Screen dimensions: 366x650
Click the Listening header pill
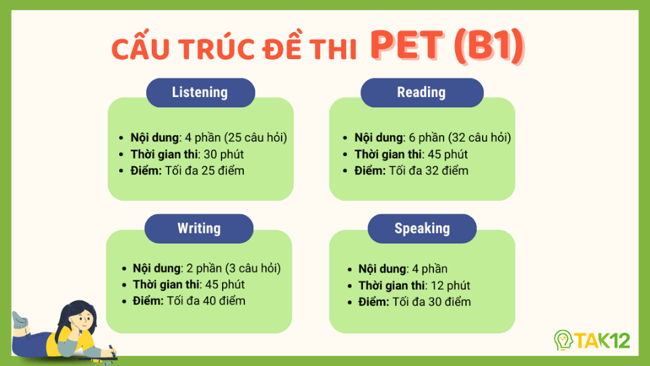[200, 93]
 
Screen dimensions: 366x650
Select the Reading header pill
[421, 93]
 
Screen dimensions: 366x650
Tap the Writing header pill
[199, 228]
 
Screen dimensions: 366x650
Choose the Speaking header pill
[422, 228]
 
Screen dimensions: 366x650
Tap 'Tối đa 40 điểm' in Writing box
[207, 300]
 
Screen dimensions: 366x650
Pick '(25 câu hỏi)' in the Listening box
[255, 138]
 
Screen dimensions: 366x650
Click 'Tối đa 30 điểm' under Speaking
[431, 302]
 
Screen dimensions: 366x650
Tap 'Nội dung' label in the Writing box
[154, 268]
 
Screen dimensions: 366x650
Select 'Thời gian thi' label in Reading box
[387, 154]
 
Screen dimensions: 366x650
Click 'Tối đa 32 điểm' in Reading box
[429, 170]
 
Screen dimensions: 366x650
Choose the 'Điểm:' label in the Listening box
[146, 170]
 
